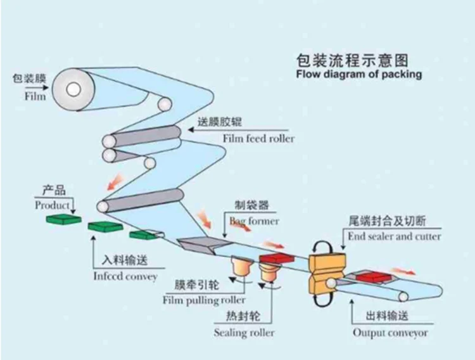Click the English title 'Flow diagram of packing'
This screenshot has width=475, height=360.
click(358, 74)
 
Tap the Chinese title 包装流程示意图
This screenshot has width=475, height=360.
click(352, 60)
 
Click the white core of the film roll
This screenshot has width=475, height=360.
click(76, 88)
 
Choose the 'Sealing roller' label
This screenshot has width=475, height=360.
click(244, 332)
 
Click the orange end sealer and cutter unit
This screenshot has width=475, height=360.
click(325, 269)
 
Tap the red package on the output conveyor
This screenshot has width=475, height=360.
click(370, 276)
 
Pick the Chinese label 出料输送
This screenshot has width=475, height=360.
click(389, 316)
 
